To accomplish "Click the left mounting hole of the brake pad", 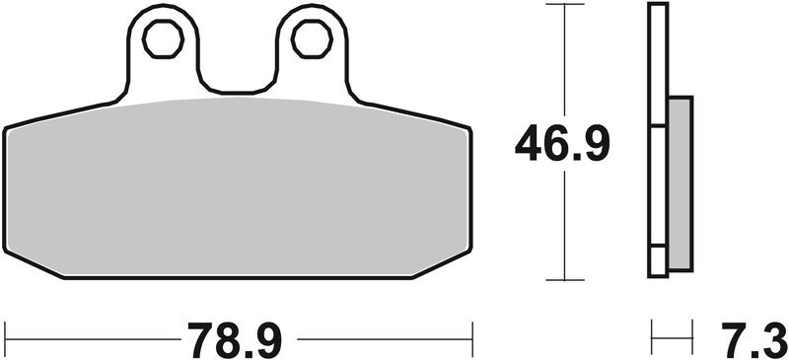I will pyautogui.click(x=162, y=38).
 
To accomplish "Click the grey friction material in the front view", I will pyautogui.click(x=237, y=187).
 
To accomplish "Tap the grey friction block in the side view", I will pyautogui.click(x=680, y=182).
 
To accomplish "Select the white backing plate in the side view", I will pyautogui.click(x=657, y=138).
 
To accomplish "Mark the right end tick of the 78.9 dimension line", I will pyautogui.click(x=474, y=339).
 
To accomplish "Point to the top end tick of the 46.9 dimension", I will pyautogui.click(x=563, y=5).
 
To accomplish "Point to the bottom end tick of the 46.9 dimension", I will pyautogui.click(x=563, y=279).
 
